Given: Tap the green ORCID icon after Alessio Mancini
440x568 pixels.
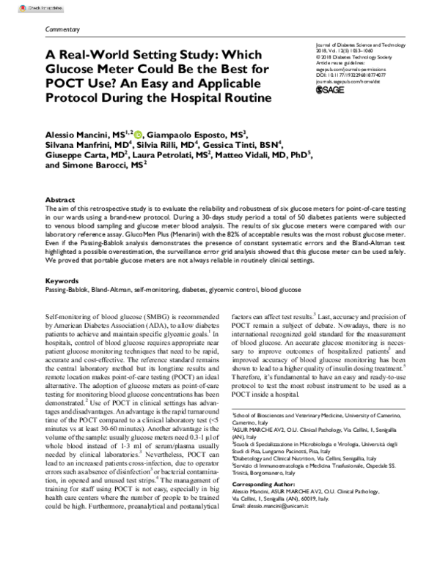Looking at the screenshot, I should [x=118, y=135].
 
